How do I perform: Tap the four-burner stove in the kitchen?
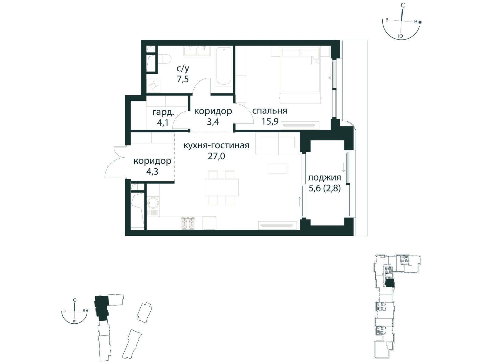click(x=188, y=223)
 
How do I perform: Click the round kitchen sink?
click(x=153, y=202)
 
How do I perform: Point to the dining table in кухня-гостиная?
click(x=222, y=187)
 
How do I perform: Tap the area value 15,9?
click(x=270, y=121)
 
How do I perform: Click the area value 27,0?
click(x=216, y=156)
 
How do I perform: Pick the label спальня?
click(x=270, y=111)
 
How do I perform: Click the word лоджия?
click(x=325, y=177)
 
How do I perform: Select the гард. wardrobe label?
click(x=163, y=113)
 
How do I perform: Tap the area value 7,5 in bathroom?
click(x=183, y=79)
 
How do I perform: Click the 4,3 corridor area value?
click(x=152, y=171)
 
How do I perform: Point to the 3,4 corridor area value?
click(x=213, y=121)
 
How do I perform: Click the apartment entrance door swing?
click(x=114, y=162)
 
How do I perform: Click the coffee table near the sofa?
click(x=278, y=168)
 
